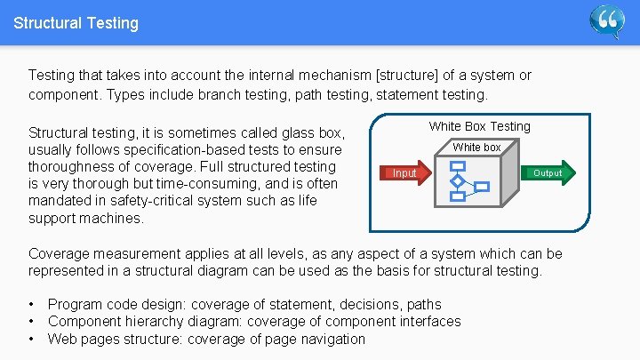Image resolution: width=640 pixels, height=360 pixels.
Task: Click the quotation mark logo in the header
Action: click(608, 21)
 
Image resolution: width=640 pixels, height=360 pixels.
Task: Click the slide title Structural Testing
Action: click(76, 23)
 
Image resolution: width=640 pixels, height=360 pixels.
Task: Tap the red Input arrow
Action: click(406, 173)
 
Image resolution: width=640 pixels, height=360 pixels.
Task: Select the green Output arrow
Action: click(546, 172)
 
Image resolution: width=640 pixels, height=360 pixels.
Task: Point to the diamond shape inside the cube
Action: click(458, 181)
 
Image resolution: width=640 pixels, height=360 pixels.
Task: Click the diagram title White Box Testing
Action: click(479, 126)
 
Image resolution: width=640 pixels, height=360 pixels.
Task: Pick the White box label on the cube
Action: click(476, 147)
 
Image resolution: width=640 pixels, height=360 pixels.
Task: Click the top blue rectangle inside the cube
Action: click(458, 166)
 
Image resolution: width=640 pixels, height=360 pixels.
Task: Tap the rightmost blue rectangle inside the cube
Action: click(483, 187)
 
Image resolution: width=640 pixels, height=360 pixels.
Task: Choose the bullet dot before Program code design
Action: click(32, 305)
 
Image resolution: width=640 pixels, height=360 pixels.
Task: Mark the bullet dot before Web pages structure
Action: click(32, 339)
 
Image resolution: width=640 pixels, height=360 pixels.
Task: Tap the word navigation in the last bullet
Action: click(330, 339)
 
